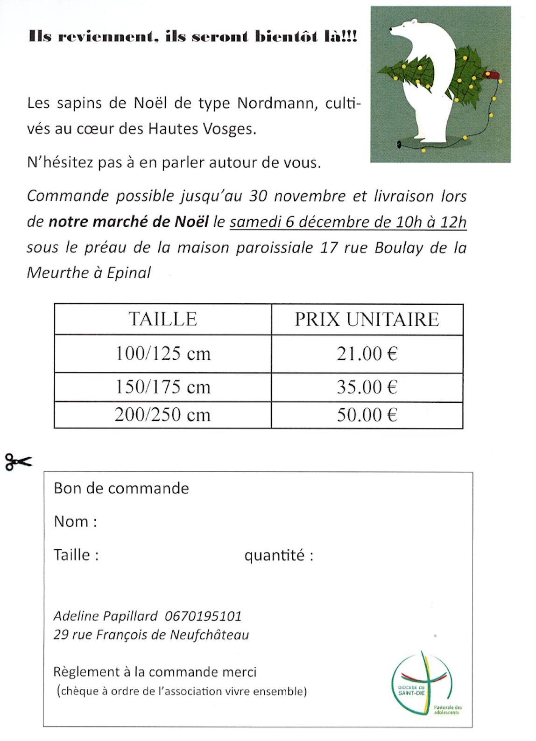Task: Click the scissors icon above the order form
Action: coord(19,462)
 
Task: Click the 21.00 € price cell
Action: coord(367,354)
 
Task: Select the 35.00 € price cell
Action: coord(367,387)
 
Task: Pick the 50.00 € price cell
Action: coord(367,415)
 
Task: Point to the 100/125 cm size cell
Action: coord(163,354)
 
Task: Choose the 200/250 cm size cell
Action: coord(163,415)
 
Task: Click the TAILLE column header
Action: coord(163,319)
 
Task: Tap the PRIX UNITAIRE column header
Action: coord(367,319)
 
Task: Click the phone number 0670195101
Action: coord(204,616)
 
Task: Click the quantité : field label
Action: coord(279,555)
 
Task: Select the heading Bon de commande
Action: coord(121,488)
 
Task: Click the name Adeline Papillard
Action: coord(106,616)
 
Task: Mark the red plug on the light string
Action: coord(492,75)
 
